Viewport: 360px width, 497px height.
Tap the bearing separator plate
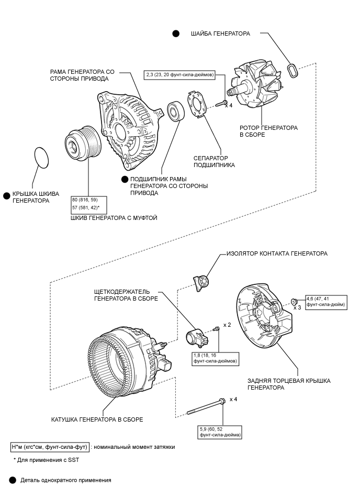click(x=197, y=105)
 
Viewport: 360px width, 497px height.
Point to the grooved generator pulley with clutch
click(x=83, y=143)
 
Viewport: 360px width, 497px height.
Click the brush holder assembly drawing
click(x=196, y=338)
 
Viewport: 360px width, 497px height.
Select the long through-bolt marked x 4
click(x=206, y=407)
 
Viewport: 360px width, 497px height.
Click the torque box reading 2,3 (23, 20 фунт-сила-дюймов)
click(x=180, y=75)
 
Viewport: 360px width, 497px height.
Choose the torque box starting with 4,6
click(x=326, y=303)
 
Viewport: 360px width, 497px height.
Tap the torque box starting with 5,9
click(x=220, y=432)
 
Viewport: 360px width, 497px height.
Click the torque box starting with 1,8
click(x=215, y=359)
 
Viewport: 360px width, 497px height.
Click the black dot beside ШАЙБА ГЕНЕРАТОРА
click(x=176, y=34)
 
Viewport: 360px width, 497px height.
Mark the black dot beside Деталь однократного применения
click(x=13, y=480)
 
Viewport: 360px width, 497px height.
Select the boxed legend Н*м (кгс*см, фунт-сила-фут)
click(x=50, y=447)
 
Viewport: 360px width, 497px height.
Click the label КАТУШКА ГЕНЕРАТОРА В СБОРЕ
click(x=97, y=419)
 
